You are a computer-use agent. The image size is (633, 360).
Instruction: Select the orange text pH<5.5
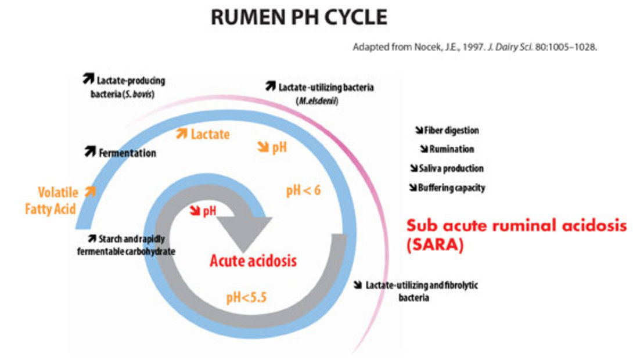247,298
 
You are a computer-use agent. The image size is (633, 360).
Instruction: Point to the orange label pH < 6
303,191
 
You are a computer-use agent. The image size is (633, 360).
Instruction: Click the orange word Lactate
210,135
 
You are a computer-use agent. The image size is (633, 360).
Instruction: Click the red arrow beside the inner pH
193,210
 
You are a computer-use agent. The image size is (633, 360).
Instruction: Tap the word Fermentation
127,153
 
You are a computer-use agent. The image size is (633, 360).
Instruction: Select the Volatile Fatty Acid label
51,200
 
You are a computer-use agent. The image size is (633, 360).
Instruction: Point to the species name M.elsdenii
318,100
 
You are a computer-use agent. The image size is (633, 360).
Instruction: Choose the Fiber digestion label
451,131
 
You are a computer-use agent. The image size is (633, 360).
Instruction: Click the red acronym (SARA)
436,244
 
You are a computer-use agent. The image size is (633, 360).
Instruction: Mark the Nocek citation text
474,47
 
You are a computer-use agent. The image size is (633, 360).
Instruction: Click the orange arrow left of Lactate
182,135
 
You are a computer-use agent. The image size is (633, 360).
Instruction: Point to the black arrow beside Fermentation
89,152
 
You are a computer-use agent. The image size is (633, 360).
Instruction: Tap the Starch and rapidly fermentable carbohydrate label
127,245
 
